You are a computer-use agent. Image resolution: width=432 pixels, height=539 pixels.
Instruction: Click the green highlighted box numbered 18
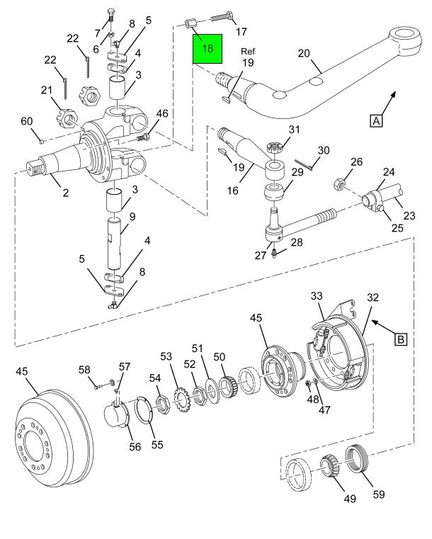208,49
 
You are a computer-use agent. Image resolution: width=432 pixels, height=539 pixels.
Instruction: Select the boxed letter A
376,120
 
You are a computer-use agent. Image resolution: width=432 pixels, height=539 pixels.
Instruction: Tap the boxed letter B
401,339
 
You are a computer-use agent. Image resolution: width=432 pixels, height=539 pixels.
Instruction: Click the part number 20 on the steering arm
304,53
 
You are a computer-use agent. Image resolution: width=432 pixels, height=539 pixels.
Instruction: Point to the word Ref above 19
248,51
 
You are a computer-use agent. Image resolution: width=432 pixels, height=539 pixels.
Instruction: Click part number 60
27,121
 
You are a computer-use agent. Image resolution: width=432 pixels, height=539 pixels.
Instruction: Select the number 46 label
162,113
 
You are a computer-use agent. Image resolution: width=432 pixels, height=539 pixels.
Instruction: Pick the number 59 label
379,494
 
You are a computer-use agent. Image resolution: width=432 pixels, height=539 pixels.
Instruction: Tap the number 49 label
350,499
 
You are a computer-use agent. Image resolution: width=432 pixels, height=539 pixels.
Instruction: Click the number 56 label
135,446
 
